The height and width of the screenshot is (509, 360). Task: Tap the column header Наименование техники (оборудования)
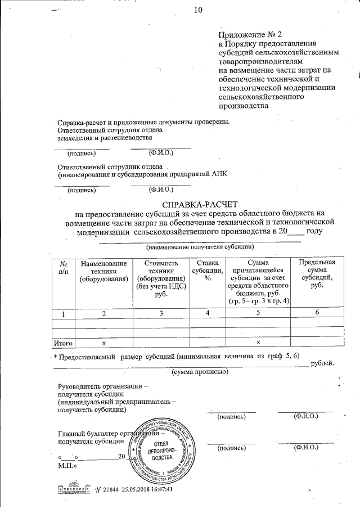(x=103, y=271)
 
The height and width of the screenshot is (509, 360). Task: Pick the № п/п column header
(x=64, y=267)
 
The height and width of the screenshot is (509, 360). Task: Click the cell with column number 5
(x=259, y=313)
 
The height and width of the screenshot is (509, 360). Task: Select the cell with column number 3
(x=161, y=313)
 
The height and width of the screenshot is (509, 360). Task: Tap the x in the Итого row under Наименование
(x=103, y=342)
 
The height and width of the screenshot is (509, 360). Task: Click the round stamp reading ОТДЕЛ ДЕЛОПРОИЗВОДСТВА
(x=164, y=449)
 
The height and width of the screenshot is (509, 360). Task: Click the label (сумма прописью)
(x=195, y=372)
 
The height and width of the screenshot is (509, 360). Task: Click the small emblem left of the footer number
(x=73, y=488)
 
